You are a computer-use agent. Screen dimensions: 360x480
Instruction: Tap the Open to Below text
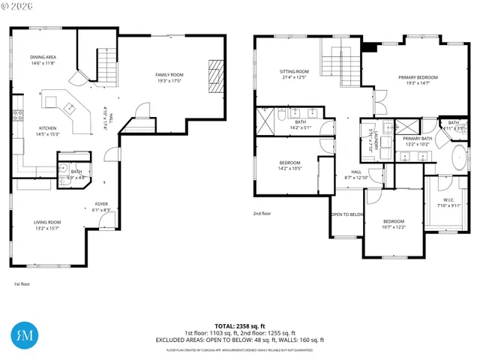coord(347,214)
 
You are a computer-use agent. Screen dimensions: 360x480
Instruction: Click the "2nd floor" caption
coord(262,214)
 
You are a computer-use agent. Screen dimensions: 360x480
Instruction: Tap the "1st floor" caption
coord(22,284)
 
